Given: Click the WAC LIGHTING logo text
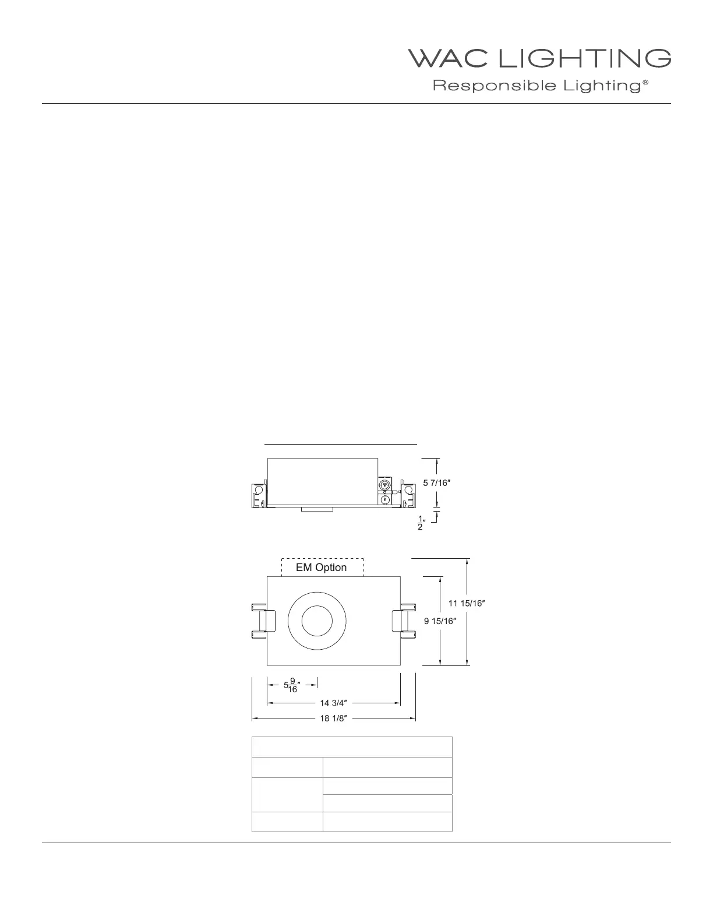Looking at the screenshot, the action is pos(539,58).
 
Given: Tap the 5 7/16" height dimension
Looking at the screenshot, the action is pos(436,483).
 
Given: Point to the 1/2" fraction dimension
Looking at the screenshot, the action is pos(421,523).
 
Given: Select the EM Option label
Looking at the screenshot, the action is pos(321,568).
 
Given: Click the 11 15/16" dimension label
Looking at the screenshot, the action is pos(467,603).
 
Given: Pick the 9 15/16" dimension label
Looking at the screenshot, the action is pos(440,621).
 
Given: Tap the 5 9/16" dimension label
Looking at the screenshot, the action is pos(292,685).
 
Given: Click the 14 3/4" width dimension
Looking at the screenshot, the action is pos(333,703).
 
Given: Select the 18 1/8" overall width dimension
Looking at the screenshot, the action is pos(333,718).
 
